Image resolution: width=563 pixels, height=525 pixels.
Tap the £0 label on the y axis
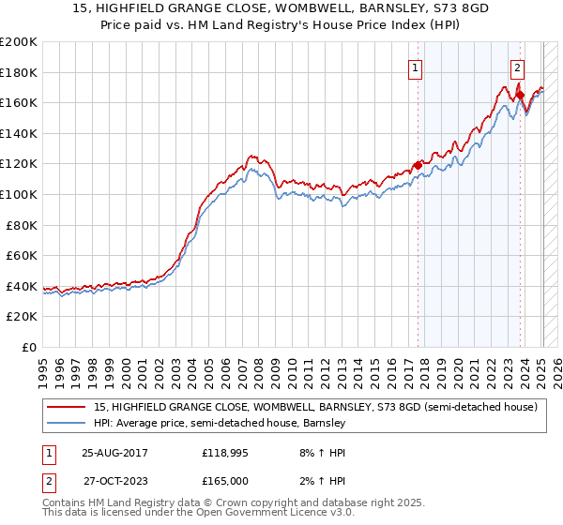point(29,347)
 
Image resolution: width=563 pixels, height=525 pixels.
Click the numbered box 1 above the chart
point(415,67)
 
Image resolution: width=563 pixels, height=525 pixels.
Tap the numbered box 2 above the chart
point(517,67)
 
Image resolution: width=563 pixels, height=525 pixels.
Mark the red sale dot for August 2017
point(418,166)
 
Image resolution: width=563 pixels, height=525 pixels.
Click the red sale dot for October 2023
point(520,95)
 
